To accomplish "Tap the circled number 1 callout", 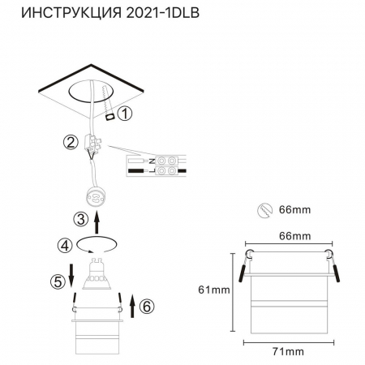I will (124, 114).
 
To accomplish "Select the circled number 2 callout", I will (71, 144).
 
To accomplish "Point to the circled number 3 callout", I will (80, 218).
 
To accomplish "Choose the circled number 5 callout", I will (57, 282).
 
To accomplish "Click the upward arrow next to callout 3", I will (98, 220).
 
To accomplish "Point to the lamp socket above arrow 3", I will (97, 195).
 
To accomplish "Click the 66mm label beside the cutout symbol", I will (296, 210).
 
